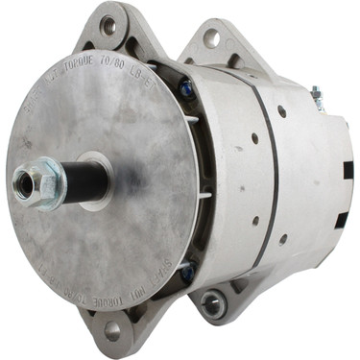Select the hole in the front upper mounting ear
(108, 26)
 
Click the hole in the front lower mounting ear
(112, 329)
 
